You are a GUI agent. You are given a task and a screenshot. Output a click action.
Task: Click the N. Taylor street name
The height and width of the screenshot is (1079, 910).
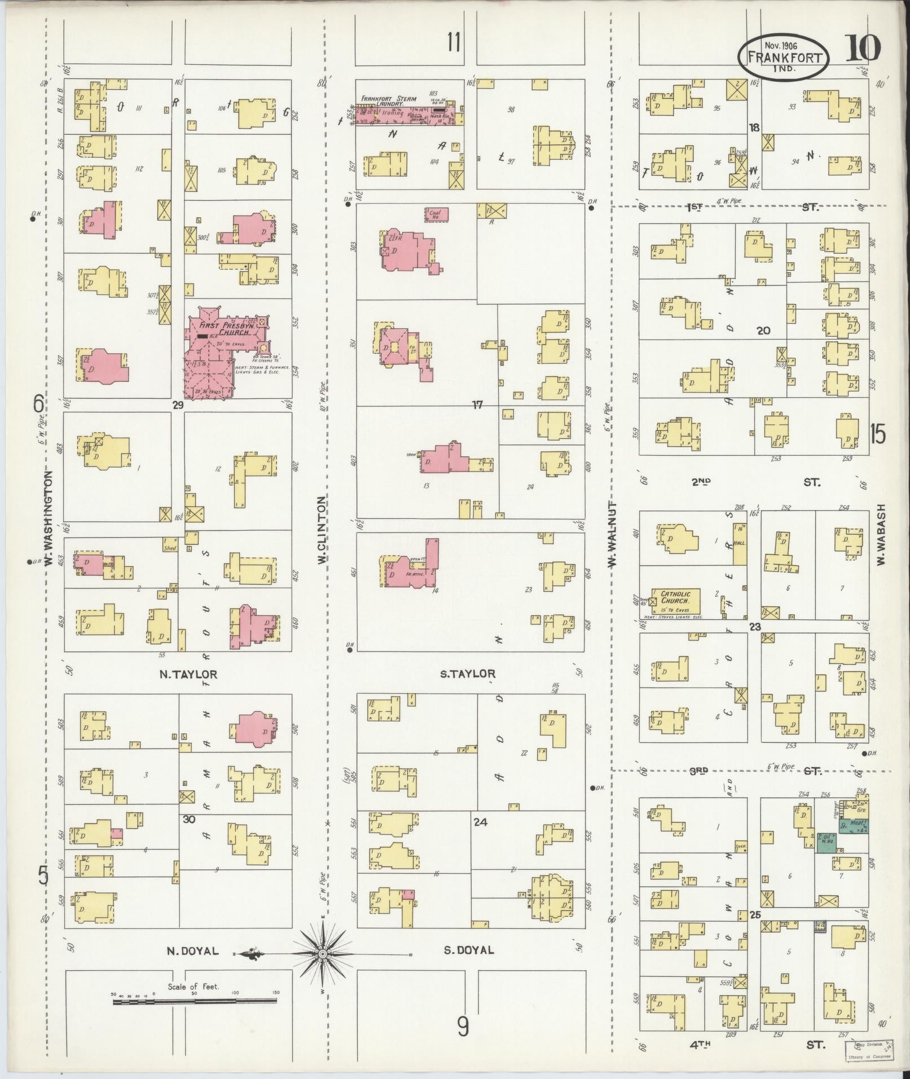pos(188,674)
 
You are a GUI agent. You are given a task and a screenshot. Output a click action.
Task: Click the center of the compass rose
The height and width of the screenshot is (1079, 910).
pos(322,954)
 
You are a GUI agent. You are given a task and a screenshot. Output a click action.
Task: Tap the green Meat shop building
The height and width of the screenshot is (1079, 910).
pos(852,827)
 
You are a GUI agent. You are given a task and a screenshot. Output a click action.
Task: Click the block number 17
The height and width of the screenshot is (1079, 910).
pos(477,404)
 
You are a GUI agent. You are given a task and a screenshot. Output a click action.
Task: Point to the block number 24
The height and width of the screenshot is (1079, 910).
pos(480,822)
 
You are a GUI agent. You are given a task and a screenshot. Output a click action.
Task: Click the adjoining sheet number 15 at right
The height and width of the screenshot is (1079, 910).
pos(877,434)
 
